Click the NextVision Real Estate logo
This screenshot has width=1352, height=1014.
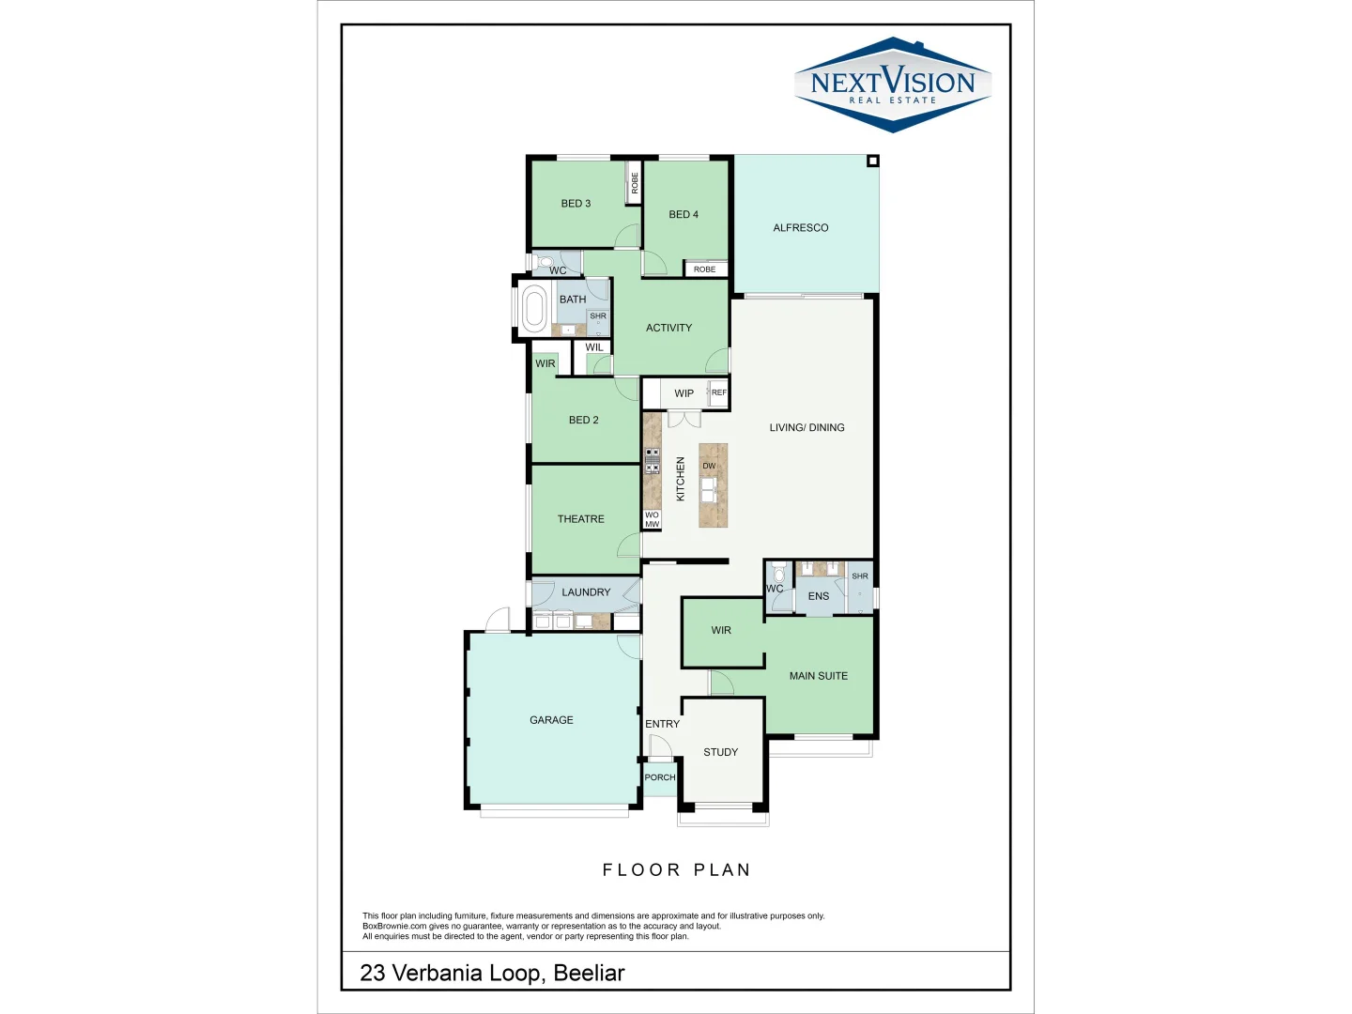tap(892, 85)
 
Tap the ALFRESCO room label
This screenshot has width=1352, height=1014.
tap(800, 228)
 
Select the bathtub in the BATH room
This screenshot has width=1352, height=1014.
tap(534, 309)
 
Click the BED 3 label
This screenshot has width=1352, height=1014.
tap(576, 204)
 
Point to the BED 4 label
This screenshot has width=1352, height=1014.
tap(683, 215)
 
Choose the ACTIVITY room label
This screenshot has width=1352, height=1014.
tap(668, 329)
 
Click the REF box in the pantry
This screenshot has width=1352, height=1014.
tap(718, 393)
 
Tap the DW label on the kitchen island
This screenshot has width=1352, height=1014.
tap(709, 467)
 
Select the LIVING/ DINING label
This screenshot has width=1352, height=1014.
tap(807, 428)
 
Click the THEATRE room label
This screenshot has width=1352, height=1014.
tap(580, 519)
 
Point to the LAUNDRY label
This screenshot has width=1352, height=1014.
tap(586, 592)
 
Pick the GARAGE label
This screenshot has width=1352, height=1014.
tap(551, 720)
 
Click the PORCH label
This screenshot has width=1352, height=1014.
tap(660, 777)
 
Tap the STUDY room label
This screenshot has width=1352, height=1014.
tap(720, 752)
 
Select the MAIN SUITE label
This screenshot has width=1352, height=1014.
tap(818, 676)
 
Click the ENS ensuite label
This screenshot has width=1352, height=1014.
tap(818, 596)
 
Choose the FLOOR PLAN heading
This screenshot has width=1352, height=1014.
tap(676, 870)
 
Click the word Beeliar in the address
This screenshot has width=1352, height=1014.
tap(589, 974)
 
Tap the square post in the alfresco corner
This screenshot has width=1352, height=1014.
tap(872, 161)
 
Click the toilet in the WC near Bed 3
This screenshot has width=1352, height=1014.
tap(545, 262)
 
